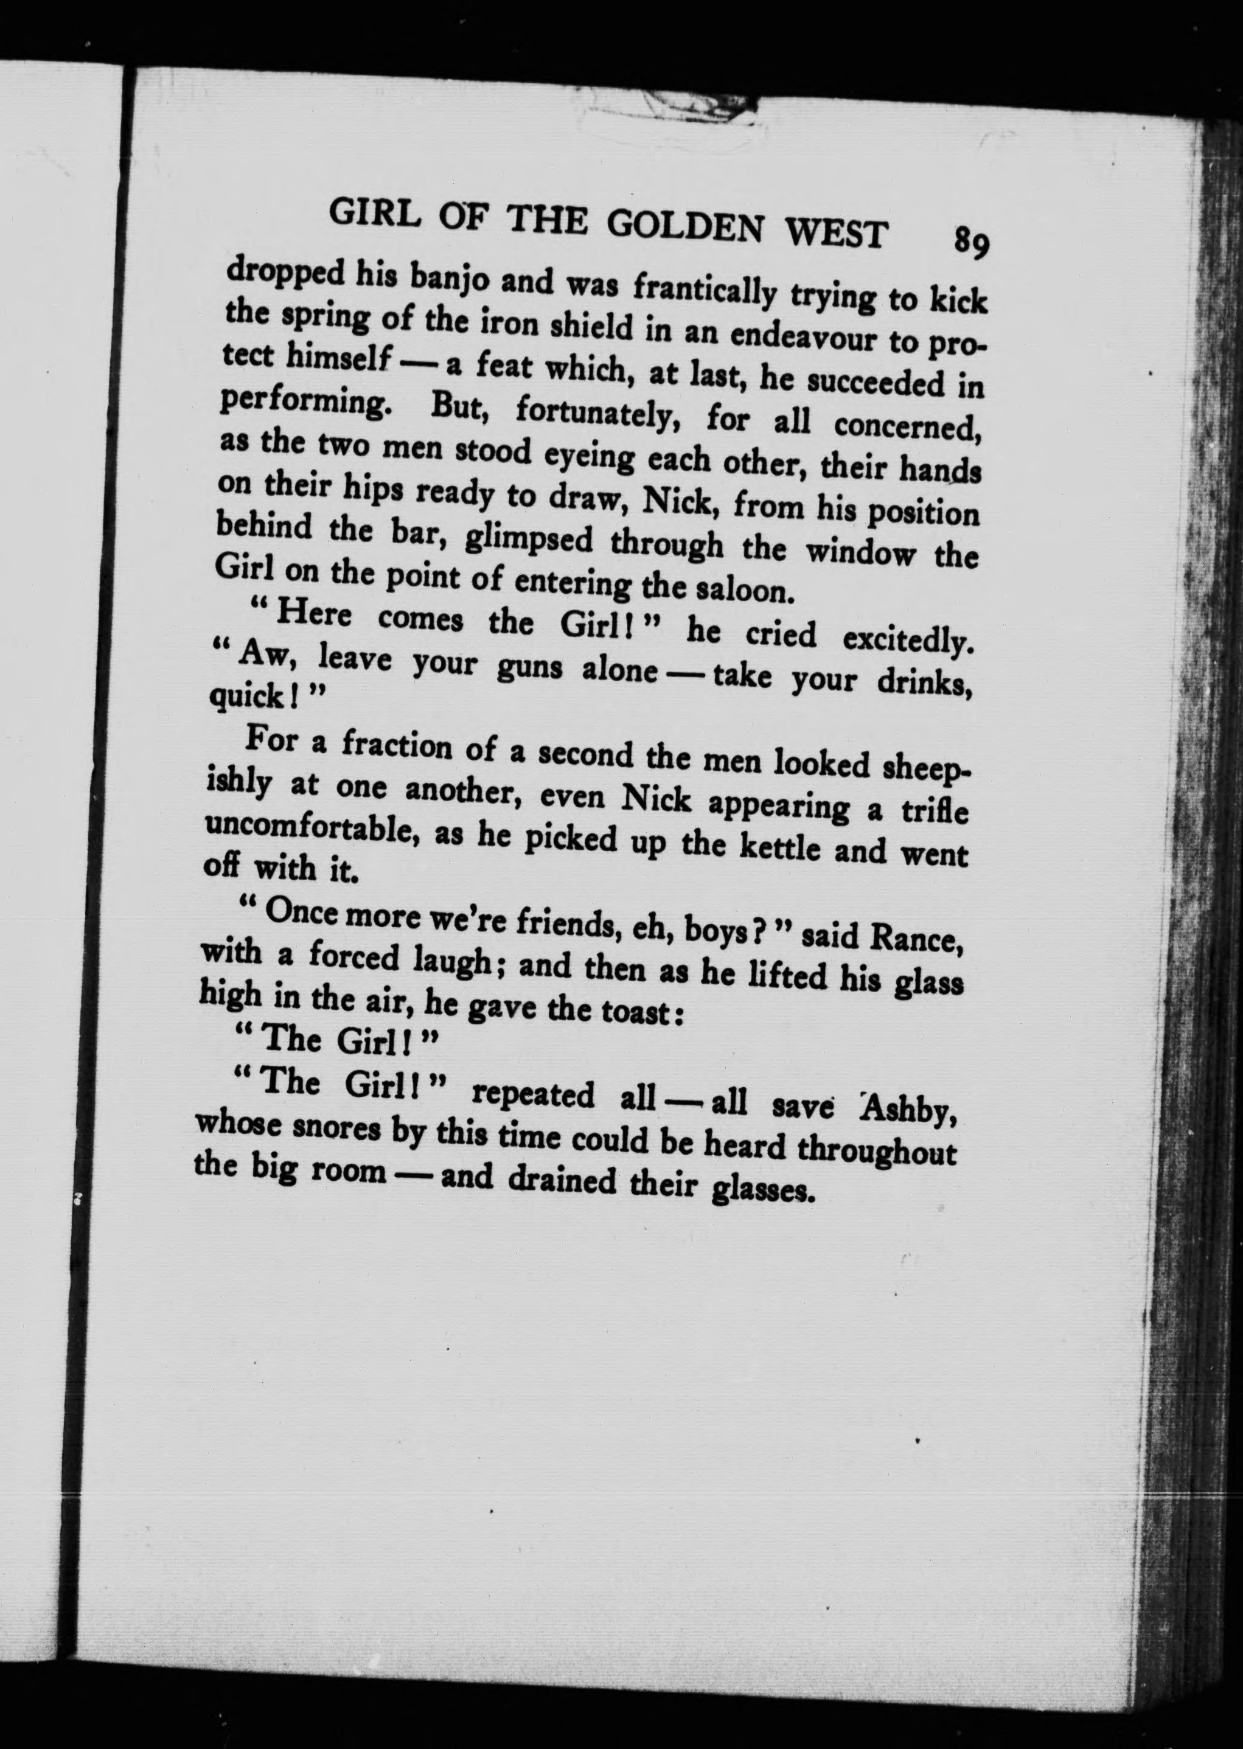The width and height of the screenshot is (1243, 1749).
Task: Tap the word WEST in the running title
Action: click(836, 234)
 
